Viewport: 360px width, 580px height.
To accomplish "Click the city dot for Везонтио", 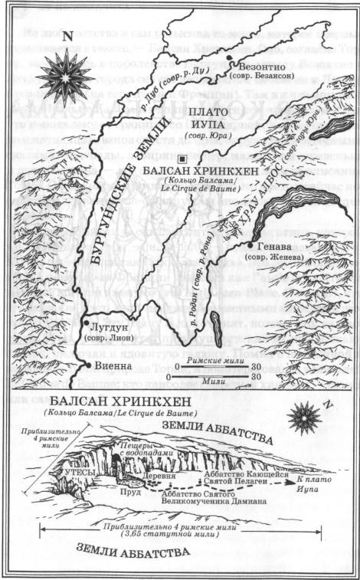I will coord(230,57).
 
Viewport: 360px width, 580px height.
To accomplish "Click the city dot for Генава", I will coord(249,246).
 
